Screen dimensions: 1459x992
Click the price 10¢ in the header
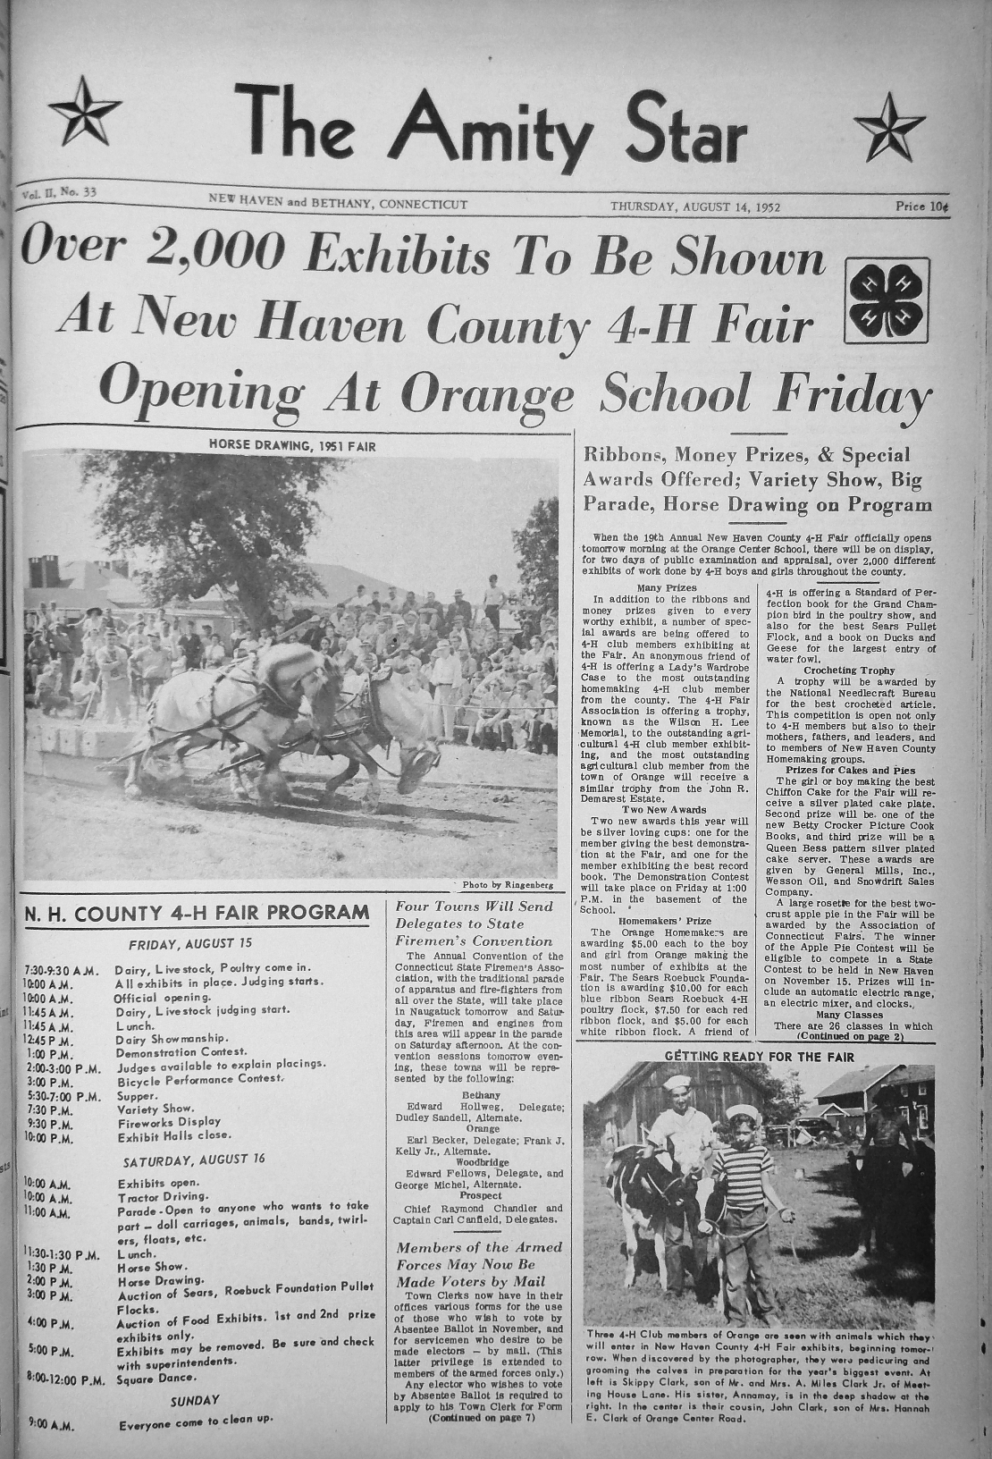(x=921, y=207)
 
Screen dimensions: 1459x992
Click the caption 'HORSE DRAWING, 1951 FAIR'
(x=292, y=444)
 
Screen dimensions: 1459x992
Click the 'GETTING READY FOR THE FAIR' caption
(x=760, y=1057)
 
